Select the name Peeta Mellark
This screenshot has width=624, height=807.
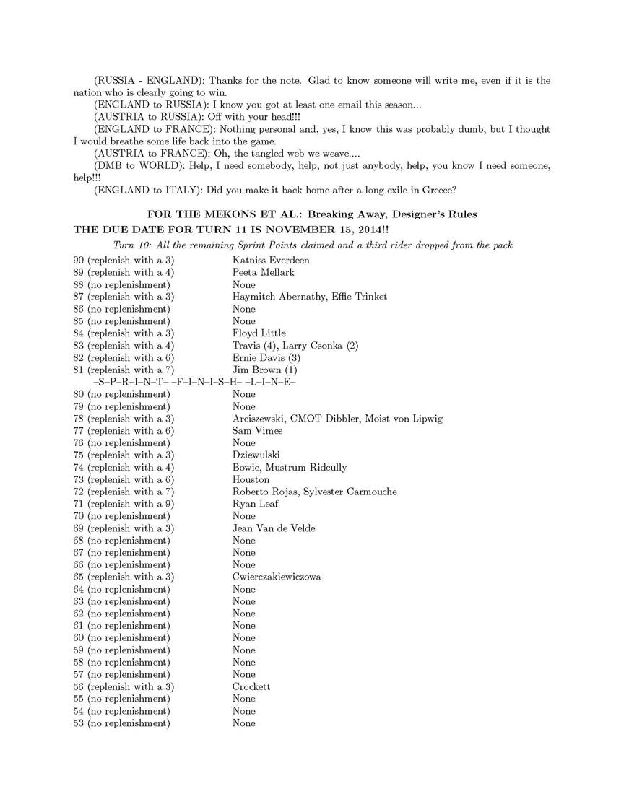pos(264,272)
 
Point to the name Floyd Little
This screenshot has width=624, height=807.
pos(259,333)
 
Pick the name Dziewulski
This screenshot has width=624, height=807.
pos(256,455)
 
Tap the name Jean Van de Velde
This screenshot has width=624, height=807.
pos(274,528)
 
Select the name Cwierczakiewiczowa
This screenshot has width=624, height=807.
pos(277,577)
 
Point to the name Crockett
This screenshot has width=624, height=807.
pos(251,686)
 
